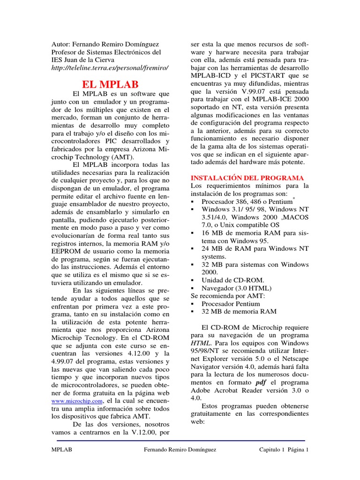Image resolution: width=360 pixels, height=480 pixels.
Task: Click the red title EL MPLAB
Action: tap(110, 85)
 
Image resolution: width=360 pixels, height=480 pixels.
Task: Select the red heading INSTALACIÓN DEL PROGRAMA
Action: tap(247, 178)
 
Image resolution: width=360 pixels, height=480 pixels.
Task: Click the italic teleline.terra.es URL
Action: tap(110, 67)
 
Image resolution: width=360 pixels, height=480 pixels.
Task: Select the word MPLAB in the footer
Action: tap(62, 450)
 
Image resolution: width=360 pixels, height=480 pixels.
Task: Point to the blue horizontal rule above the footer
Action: tap(180, 441)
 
